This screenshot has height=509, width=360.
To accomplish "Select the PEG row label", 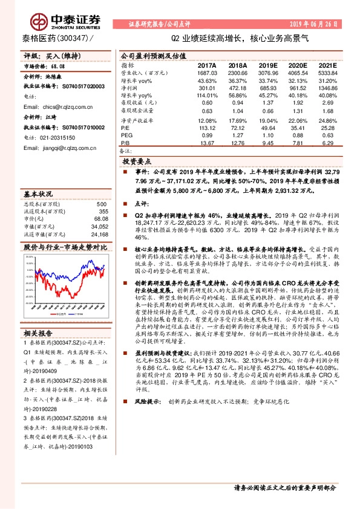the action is tap(126, 135).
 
